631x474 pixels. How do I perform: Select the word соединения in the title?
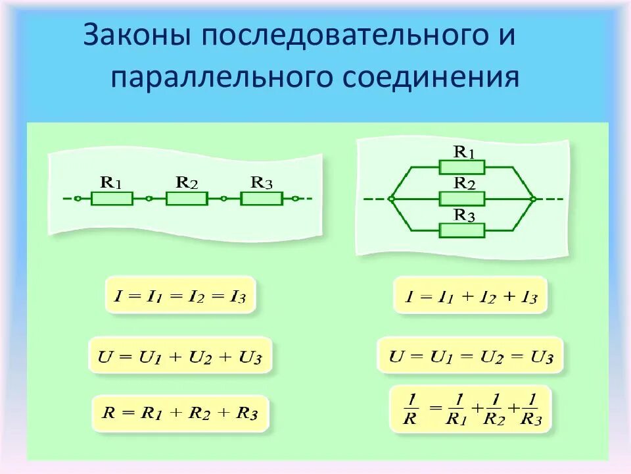431,77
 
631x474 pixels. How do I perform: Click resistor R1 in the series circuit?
112,198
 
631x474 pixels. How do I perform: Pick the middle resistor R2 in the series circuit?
187,198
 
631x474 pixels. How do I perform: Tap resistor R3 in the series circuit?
262,198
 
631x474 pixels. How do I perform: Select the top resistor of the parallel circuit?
462,167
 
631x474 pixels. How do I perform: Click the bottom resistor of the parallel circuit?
462,230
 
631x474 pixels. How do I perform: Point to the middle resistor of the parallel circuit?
462,198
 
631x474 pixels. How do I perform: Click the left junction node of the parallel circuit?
391,198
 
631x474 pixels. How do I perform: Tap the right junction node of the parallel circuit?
533,198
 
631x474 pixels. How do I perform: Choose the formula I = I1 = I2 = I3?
179,296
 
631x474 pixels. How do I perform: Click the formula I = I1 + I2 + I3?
471,296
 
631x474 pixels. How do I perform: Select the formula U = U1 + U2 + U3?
179,357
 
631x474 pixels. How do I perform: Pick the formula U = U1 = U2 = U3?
471,357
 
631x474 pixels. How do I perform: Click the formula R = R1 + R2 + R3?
179,413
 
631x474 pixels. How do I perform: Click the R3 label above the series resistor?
261,182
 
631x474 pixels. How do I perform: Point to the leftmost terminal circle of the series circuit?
78,198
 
